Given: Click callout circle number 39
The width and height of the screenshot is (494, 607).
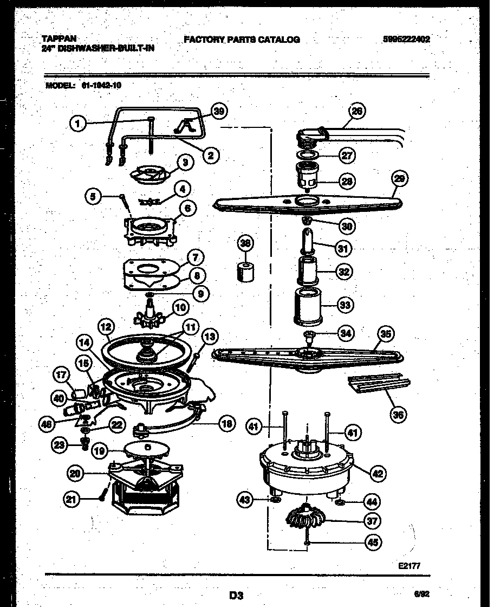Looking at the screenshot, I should pyautogui.click(x=218, y=111).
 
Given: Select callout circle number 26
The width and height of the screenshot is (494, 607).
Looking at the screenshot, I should pyautogui.click(x=356, y=111).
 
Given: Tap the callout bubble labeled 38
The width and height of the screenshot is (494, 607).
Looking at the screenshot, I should pyautogui.click(x=246, y=244).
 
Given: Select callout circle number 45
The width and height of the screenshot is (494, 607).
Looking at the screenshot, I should pyautogui.click(x=373, y=541).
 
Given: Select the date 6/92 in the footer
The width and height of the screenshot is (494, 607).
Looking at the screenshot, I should pyautogui.click(x=424, y=594).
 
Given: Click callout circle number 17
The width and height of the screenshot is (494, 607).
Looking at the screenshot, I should pyautogui.click(x=62, y=374).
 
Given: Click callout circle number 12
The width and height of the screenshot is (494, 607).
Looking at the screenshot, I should pyautogui.click(x=107, y=327).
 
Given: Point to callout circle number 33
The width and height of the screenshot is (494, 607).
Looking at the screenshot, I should pyautogui.click(x=343, y=306).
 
